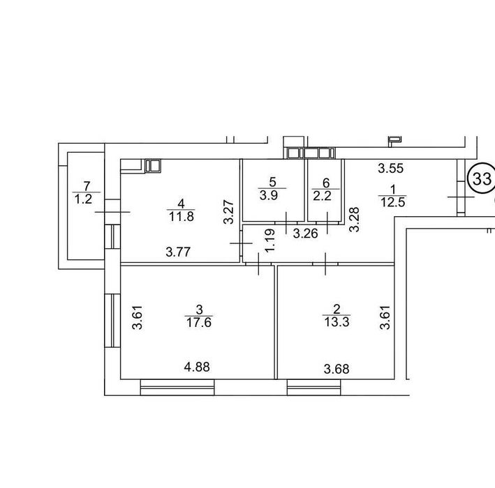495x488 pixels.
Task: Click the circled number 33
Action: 482,178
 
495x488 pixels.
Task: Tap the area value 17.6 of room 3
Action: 199,323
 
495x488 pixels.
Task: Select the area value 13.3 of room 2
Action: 337,322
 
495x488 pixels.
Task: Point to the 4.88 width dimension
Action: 197,367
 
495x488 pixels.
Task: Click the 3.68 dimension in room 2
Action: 337,369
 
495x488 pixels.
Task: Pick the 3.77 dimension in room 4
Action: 178,252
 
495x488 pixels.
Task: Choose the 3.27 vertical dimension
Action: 228,212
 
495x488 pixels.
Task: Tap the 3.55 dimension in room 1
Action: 391,168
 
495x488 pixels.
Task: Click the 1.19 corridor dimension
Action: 271,241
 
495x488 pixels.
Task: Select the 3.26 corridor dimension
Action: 305,234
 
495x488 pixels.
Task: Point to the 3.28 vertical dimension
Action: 354,220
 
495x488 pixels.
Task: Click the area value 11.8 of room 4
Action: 182,217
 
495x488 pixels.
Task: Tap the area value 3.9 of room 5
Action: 269,195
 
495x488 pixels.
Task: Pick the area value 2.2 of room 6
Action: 323,196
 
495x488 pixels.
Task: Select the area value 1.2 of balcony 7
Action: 83,199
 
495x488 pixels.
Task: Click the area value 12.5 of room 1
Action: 392,202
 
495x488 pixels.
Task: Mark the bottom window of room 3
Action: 177,388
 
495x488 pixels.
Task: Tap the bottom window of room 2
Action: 313,388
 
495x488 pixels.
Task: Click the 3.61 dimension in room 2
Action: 385,317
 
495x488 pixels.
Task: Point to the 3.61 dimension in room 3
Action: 138,317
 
